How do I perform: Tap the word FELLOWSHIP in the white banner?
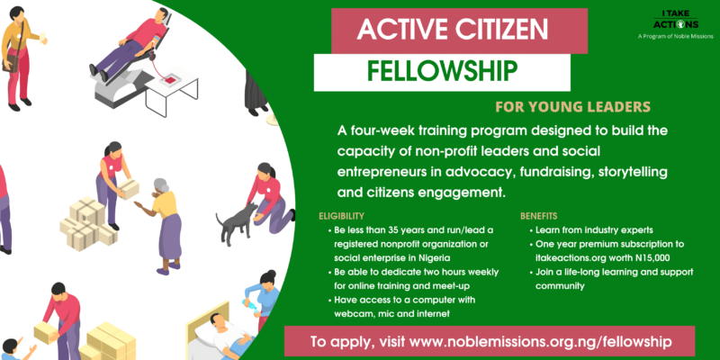(442, 72)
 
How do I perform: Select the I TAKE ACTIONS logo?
(675, 21)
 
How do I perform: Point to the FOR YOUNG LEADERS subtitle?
(573, 107)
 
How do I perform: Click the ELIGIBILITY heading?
(342, 215)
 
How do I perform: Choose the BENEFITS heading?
(538, 215)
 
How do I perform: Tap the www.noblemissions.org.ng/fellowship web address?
(541, 342)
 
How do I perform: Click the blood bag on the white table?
(170, 80)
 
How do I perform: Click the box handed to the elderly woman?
(129, 188)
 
